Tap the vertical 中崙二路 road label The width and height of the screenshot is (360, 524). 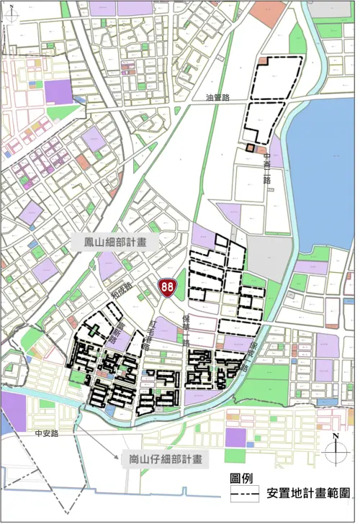[x=266, y=167]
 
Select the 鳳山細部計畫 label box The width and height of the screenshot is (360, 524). [x=114, y=243]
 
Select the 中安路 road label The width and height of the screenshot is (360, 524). [x=45, y=434]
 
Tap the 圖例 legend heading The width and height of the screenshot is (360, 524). [x=240, y=479]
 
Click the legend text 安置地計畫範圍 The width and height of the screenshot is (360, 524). [x=309, y=494]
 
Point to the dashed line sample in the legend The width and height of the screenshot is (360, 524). [x=246, y=495]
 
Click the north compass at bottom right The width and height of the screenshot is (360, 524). [x=336, y=452]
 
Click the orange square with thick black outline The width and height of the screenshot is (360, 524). [x=249, y=148]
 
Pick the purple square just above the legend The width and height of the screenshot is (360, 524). [x=235, y=438]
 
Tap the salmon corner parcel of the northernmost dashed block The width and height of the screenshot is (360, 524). [x=264, y=61]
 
